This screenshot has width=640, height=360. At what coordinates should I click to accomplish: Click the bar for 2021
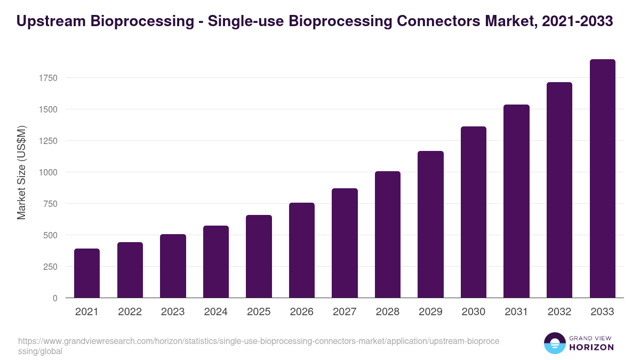tap(87, 273)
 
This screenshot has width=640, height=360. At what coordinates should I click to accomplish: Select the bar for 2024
tap(216, 261)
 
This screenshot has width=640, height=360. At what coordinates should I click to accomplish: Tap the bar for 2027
tap(345, 243)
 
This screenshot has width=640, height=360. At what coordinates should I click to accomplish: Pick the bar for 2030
tap(474, 212)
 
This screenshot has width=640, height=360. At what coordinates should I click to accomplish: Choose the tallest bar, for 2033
tap(602, 178)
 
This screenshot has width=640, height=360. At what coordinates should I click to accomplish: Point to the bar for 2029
tap(430, 224)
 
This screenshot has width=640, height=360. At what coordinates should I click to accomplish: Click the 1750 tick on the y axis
tap(47, 78)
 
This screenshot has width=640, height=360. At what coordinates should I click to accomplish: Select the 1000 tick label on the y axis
tap(47, 172)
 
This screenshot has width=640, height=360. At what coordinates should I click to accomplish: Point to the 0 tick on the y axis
tap(54, 298)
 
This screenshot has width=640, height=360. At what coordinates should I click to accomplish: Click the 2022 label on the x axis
tap(130, 312)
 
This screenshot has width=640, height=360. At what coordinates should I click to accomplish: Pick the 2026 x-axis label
tap(302, 312)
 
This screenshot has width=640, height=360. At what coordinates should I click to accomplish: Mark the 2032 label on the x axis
tap(559, 312)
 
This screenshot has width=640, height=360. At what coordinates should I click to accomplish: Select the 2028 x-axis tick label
tap(388, 312)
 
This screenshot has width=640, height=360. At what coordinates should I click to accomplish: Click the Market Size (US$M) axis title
tap(21, 172)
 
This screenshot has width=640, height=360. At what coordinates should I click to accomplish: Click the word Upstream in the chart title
tap(50, 21)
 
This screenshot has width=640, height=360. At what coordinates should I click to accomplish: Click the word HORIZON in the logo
tap(591, 347)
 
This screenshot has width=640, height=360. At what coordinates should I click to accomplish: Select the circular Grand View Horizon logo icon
tap(555, 343)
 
